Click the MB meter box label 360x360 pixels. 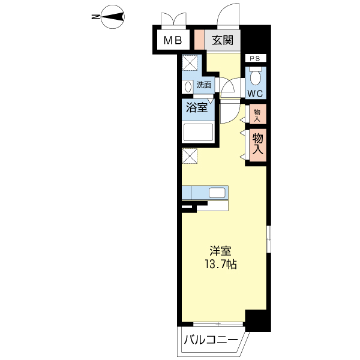point(173,41)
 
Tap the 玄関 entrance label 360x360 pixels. point(222,40)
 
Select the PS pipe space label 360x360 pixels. point(255,59)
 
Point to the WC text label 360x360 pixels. point(255,94)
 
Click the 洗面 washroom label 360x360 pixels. point(204,85)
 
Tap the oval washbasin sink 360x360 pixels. point(188,87)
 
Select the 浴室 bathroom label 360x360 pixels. point(197,107)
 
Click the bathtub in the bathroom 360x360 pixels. point(197,133)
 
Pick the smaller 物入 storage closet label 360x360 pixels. point(257,115)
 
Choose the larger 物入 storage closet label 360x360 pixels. point(257,144)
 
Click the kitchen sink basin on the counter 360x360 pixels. point(217,193)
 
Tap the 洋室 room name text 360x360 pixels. point(220,251)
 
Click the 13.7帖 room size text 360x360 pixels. point(221,265)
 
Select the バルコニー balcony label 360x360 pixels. point(211,340)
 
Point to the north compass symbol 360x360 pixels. point(113,17)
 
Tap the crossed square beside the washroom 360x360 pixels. point(190,63)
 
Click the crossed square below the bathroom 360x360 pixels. point(190,156)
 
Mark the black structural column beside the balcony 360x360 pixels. point(258,320)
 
